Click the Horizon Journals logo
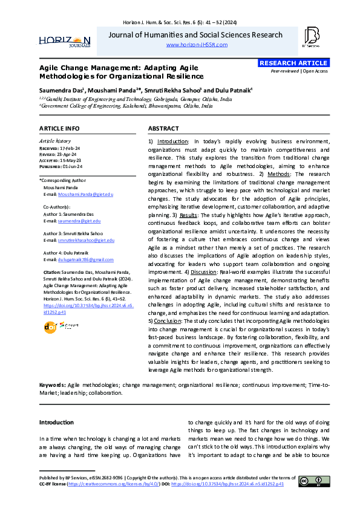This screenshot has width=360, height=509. (65, 40)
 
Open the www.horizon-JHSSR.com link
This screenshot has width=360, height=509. (196, 45)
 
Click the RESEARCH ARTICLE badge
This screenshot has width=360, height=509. (286, 63)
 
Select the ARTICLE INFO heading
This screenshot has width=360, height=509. (59, 129)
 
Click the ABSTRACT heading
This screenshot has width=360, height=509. (163, 129)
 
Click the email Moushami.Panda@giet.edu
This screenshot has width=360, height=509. (86, 194)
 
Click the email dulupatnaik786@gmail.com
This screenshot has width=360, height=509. (85, 259)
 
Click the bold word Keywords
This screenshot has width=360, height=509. (52, 384)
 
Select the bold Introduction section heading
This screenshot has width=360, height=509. (56, 422)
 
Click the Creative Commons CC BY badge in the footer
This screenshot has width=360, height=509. (314, 481)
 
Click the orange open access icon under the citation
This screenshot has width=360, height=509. (50, 327)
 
